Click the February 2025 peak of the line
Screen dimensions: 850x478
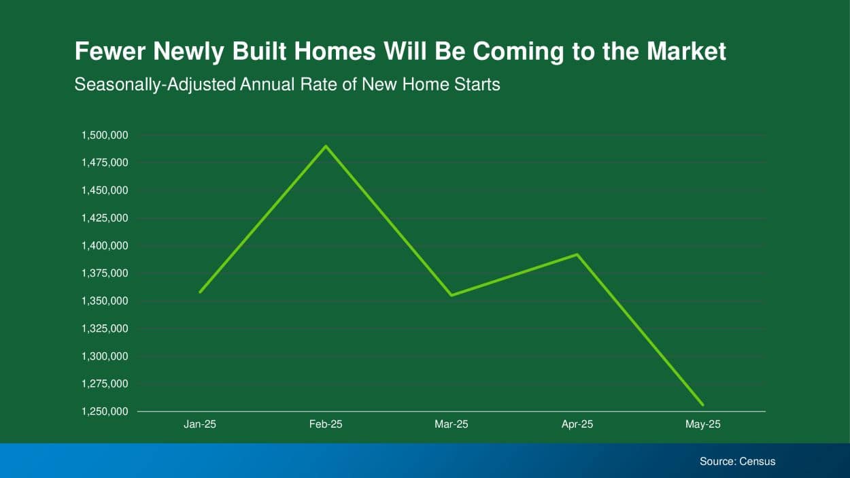click(326, 146)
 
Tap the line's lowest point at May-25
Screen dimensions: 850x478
click(702, 405)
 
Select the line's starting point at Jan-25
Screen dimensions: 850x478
click(200, 292)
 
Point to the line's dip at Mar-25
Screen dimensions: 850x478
click(452, 295)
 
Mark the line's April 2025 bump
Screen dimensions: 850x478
click(577, 254)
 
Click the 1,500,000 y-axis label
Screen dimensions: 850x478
click(105, 135)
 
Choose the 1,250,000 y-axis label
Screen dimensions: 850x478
click(105, 411)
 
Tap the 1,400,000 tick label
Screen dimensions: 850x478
click(105, 246)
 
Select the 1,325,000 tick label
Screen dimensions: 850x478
click(105, 328)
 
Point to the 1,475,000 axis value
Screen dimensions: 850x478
click(105, 163)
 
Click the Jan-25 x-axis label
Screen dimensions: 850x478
click(200, 424)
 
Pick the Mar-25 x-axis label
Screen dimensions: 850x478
click(452, 424)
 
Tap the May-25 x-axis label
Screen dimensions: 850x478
click(702, 424)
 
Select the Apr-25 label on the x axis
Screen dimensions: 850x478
click(577, 424)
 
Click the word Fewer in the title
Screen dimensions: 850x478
click(110, 51)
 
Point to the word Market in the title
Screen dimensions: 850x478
click(686, 51)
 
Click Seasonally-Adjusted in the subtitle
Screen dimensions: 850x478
click(155, 84)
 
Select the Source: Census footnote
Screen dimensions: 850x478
click(738, 461)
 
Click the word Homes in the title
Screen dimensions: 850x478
click(335, 51)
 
